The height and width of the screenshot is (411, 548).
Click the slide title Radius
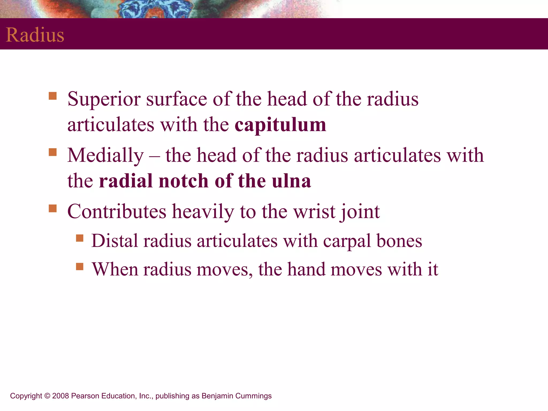35,35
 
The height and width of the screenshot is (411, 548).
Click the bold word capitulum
280,125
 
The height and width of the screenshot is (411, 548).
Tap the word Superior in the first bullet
104,99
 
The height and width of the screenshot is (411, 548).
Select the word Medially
105,155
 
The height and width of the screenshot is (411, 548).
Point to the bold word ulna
291,181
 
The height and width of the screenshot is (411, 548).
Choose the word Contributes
117,212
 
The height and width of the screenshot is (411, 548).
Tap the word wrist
314,212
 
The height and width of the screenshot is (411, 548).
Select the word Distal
115,241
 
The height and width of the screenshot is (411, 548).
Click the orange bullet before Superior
53,96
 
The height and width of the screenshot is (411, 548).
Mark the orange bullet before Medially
53,152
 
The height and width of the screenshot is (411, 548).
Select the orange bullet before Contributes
53,208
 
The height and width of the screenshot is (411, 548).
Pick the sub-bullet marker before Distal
80,238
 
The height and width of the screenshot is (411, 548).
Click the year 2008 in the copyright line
61,396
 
